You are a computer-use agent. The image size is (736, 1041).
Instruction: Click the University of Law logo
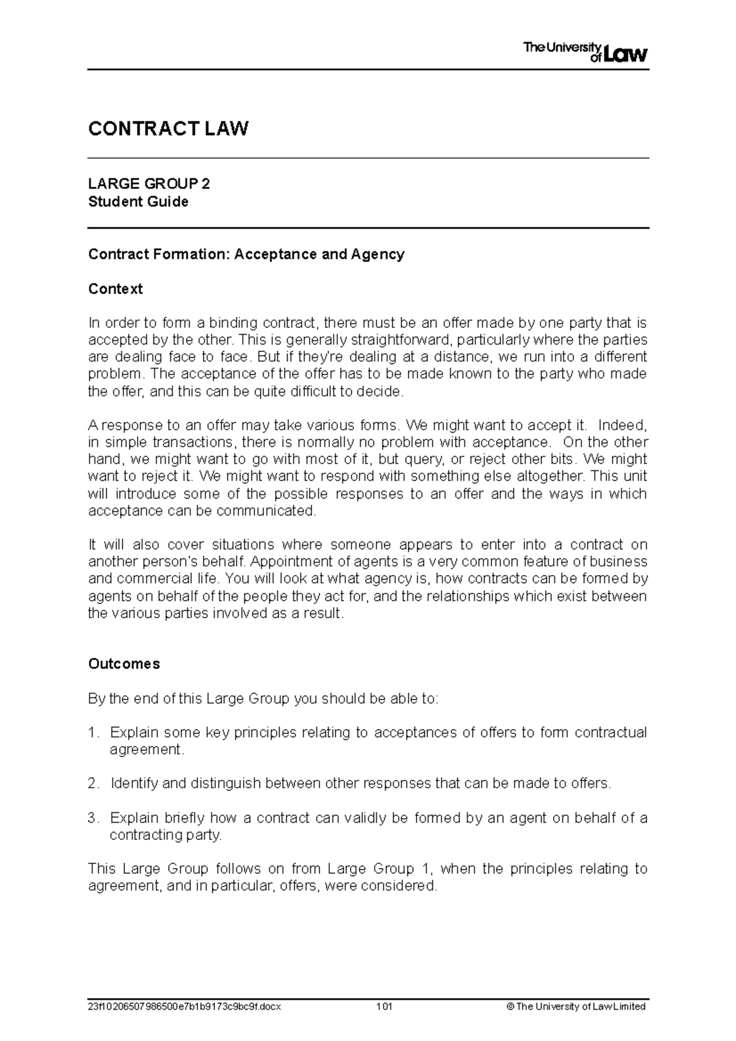pos(585,52)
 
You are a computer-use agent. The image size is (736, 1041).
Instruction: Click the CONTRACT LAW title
pos(168,129)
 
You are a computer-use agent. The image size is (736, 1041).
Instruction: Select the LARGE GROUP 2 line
pos(149,184)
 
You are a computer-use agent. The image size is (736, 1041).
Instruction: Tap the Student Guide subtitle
pos(138,202)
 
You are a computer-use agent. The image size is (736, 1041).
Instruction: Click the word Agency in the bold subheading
pos(377,254)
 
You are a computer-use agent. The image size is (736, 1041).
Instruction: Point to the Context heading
pos(115,289)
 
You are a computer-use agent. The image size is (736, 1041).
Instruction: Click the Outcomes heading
pos(124,664)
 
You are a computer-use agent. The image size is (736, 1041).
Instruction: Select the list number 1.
pos(93,733)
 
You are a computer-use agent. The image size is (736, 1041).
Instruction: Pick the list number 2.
pos(93,784)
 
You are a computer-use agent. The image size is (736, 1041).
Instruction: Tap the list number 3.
pos(93,818)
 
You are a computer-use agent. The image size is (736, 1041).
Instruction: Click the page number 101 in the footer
pos(385,1007)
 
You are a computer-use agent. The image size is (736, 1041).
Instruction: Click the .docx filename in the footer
pos(185,1007)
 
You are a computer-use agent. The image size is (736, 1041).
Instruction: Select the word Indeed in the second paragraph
pos(621,425)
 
